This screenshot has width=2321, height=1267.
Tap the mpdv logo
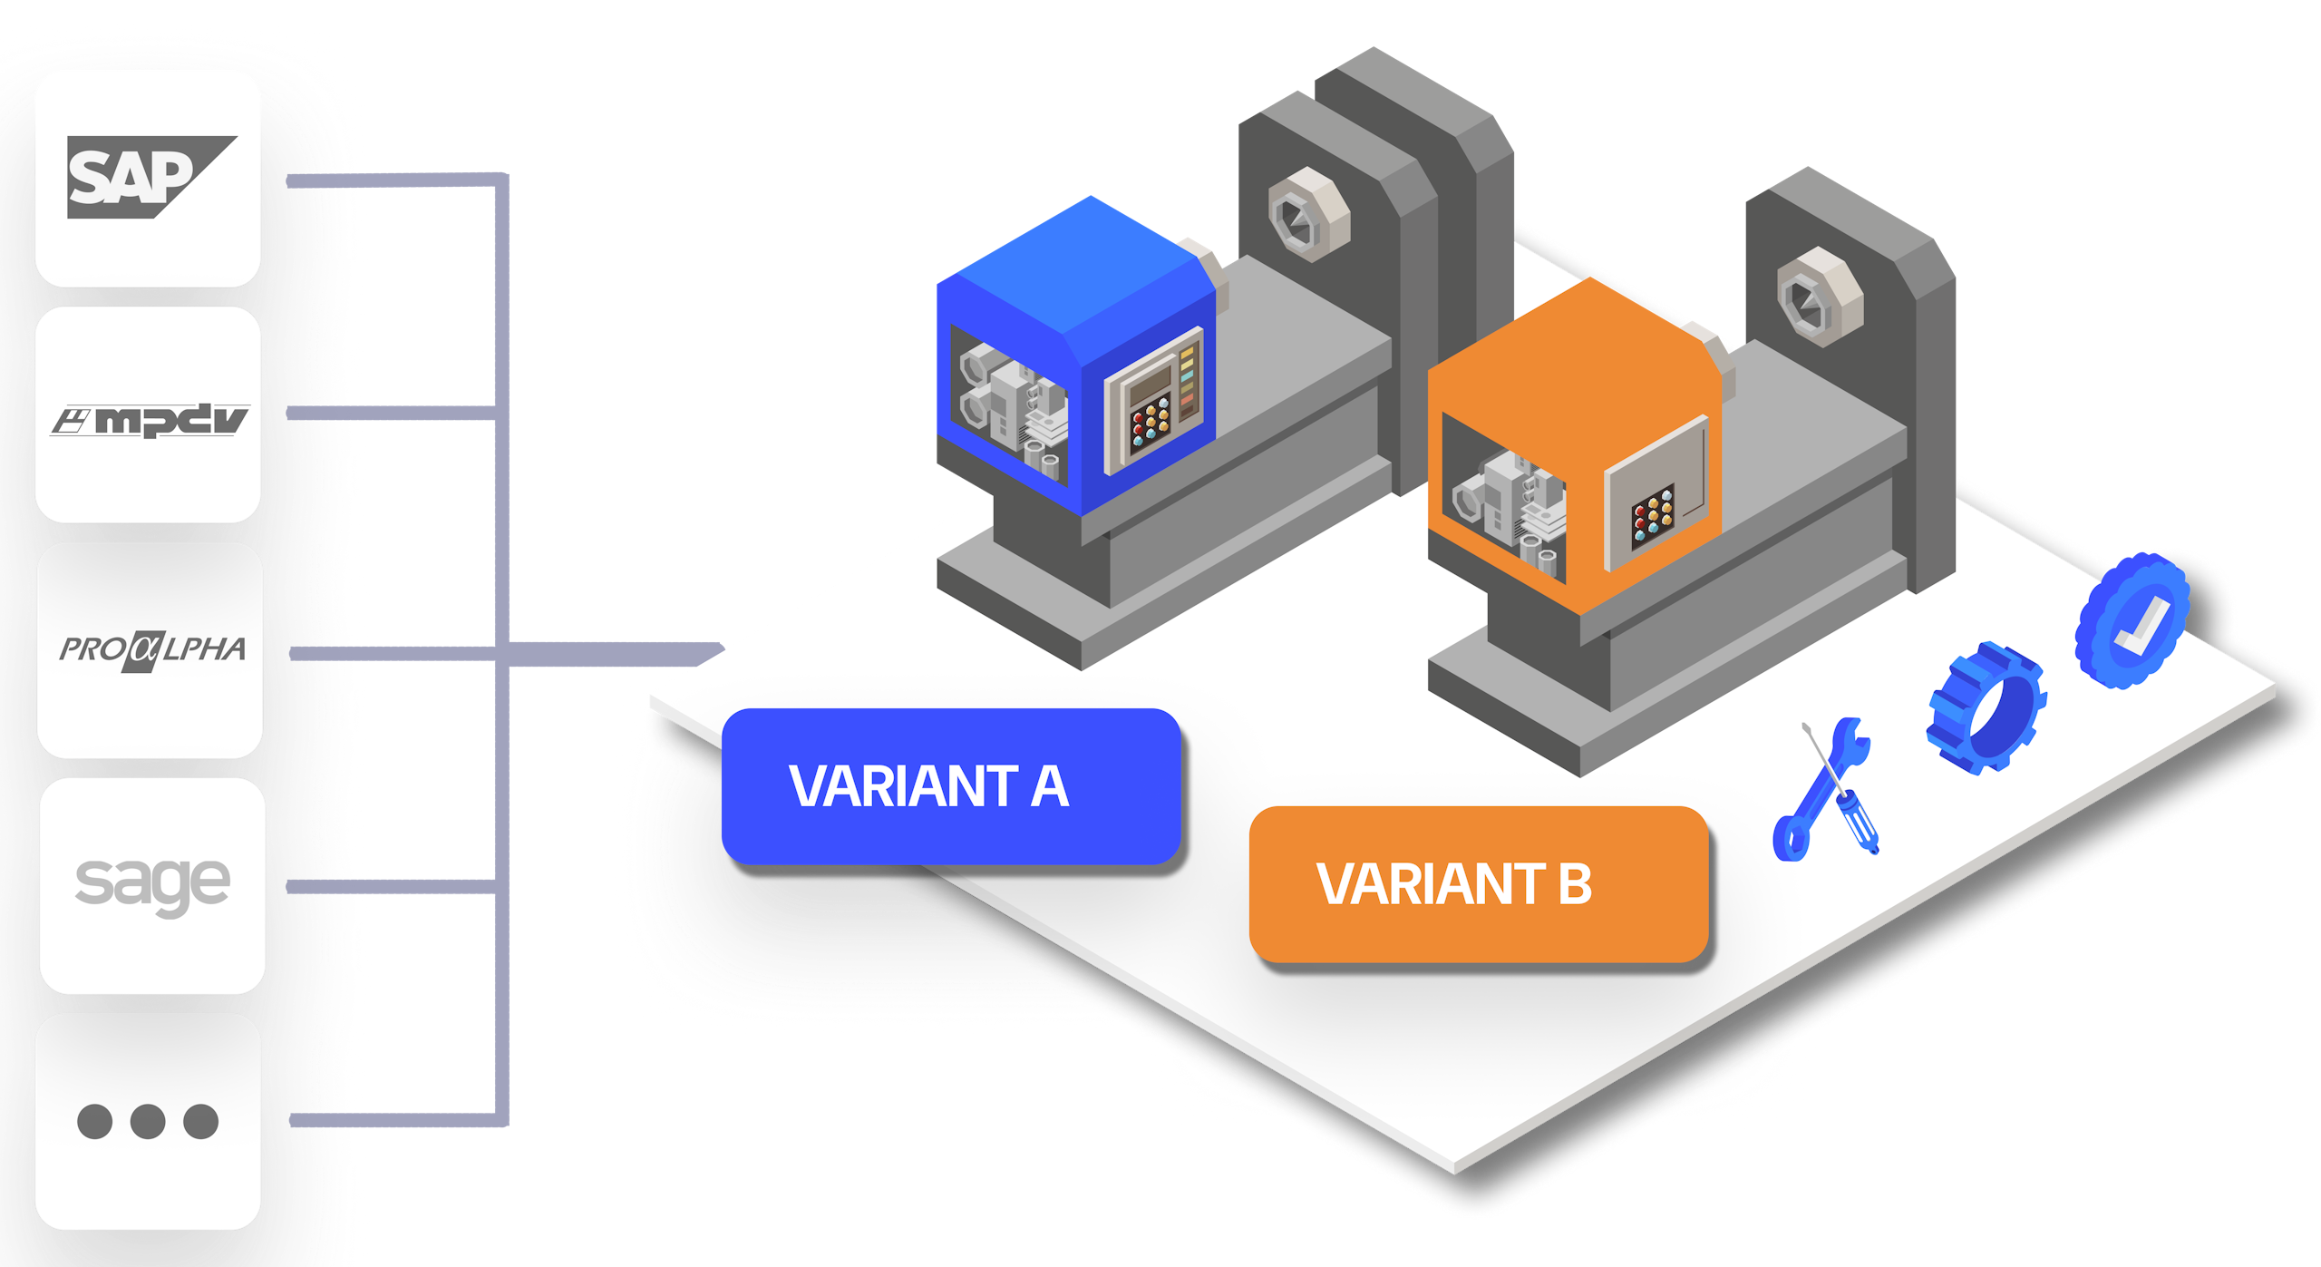[x=150, y=421]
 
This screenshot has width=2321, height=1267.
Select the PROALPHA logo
[x=152, y=649]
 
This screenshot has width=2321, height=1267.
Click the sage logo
[x=152, y=883]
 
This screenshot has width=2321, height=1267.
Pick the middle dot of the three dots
[x=148, y=1121]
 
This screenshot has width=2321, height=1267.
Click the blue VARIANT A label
[x=950, y=786]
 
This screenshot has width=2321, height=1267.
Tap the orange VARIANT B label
[x=1478, y=884]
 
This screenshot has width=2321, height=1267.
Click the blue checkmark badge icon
[x=2132, y=621]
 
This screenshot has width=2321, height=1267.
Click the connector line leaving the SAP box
[x=390, y=180]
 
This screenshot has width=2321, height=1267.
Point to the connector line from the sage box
[x=390, y=886]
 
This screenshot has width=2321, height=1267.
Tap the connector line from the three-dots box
[x=390, y=1120]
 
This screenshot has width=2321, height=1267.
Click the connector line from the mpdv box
[x=390, y=414]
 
